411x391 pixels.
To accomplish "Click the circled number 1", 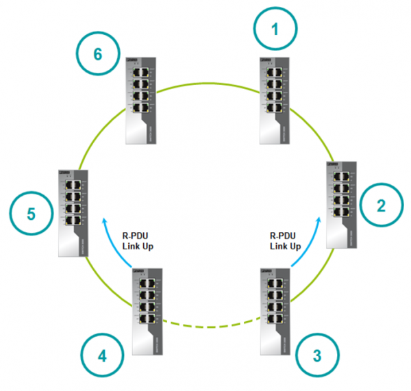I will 276,30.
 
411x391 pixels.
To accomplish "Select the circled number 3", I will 316,355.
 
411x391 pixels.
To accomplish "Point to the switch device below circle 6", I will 140,100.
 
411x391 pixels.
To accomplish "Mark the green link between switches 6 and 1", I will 209,84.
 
